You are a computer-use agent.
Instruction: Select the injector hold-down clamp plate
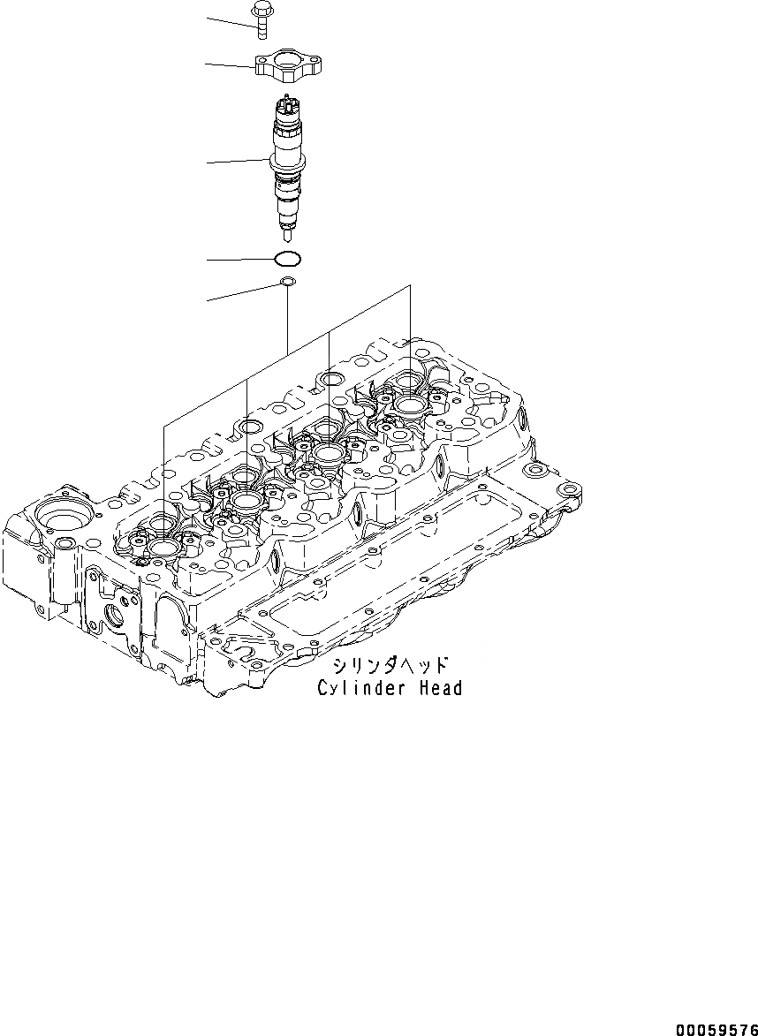[287, 67]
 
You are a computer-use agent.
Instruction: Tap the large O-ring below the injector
[287, 260]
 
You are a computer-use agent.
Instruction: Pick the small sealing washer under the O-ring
[287, 283]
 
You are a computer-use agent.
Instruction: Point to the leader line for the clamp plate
[230, 64]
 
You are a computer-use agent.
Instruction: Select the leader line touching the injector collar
[237, 161]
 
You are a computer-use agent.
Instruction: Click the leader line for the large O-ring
[239, 260]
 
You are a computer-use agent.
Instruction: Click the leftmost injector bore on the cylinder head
[164, 548]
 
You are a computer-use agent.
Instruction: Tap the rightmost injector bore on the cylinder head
[411, 405]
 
